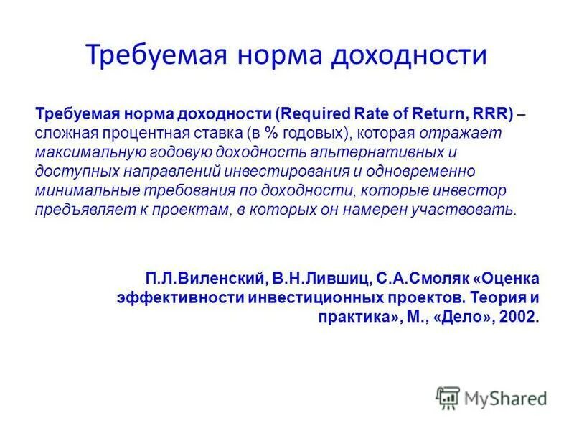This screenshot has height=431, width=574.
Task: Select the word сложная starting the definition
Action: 62,134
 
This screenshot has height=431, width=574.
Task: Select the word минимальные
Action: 77,191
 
